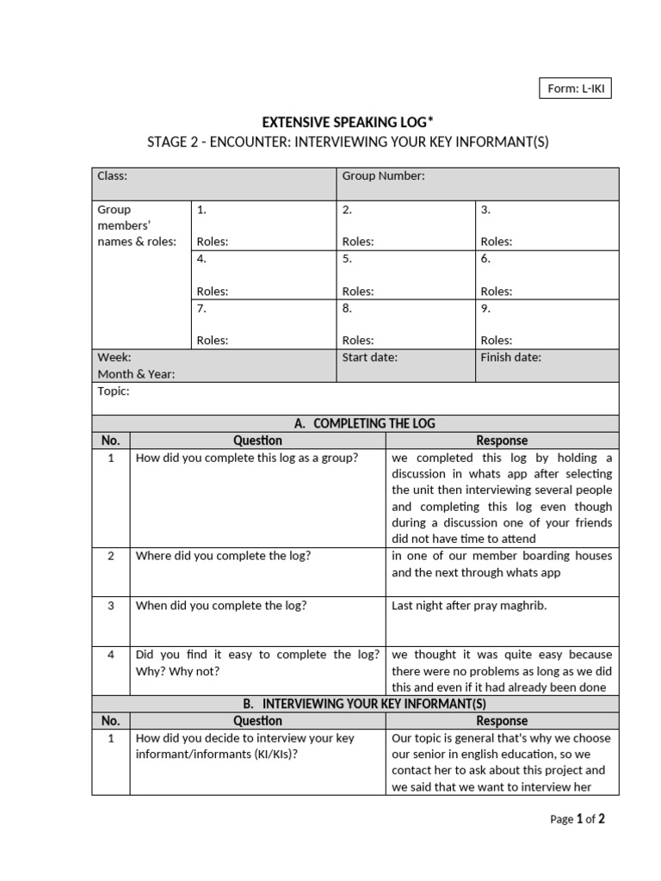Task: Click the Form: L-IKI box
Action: pos(575,88)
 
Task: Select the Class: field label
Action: pos(112,176)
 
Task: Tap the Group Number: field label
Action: pos(383,176)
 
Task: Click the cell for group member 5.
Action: pos(405,274)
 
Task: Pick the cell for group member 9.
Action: pos(546,323)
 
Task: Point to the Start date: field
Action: pos(370,357)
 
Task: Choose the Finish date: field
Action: pos(510,357)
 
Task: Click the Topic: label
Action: pos(114,391)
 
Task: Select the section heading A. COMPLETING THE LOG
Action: pos(355,423)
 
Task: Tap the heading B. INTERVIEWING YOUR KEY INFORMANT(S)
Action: pos(355,704)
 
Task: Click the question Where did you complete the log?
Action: pos(223,556)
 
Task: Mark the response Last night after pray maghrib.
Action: pos(469,606)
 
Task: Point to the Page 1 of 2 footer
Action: pos(577,819)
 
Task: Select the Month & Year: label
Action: pos(136,374)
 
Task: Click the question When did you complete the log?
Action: pos(221,606)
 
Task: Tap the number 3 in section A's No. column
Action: pos(111,606)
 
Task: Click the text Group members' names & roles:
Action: pos(136,225)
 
